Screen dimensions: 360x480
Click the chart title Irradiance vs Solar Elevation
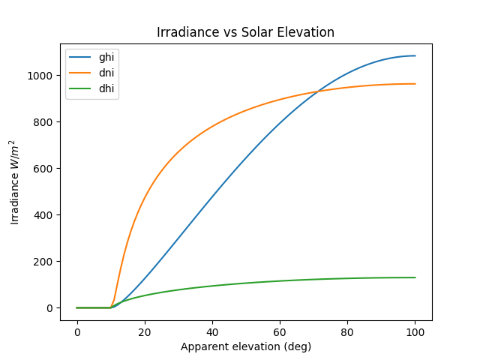(245, 33)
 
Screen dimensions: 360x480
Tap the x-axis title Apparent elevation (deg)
(245, 346)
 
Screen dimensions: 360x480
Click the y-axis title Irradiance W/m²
(16, 182)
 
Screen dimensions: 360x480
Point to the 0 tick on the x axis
(77, 331)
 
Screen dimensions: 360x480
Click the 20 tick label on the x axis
(145, 331)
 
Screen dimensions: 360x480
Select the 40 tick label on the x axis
(212, 331)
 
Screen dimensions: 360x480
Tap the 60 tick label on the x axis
(280, 331)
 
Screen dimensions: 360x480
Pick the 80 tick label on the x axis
(347, 331)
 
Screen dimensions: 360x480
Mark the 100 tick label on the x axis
(415, 331)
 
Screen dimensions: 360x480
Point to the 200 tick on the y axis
(46, 262)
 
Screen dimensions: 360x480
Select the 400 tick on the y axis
(46, 215)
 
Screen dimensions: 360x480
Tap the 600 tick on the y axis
(46, 169)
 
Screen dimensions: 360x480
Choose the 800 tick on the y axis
(46, 122)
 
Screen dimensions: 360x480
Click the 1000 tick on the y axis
(43, 76)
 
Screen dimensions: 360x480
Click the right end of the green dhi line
(415, 277)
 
